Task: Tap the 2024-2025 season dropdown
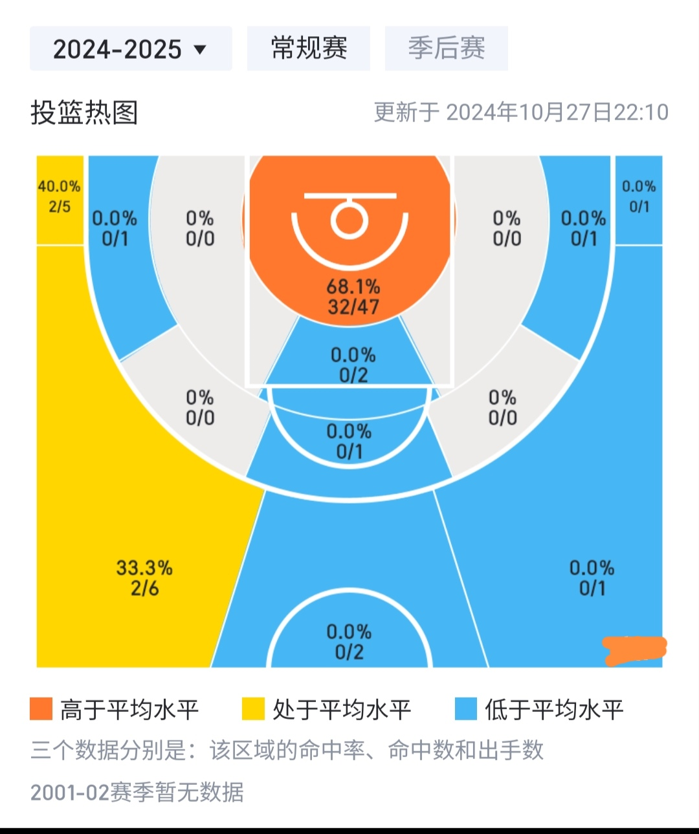[x=130, y=49]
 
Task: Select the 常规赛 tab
[x=309, y=48]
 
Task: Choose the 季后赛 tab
[x=446, y=48]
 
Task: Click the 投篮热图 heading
[x=84, y=112]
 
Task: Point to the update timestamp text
[x=521, y=112]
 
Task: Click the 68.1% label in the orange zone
[x=353, y=286]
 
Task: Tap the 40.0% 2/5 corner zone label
[x=59, y=197]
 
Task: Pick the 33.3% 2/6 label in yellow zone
[x=144, y=578]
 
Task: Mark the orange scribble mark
[x=634, y=650]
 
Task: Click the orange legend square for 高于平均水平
[x=41, y=709]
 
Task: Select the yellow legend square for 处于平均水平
[x=253, y=709]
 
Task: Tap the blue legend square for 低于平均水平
[x=465, y=709]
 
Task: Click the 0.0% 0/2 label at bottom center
[x=349, y=642]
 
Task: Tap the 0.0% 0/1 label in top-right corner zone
[x=639, y=197]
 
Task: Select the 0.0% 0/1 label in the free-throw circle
[x=349, y=441]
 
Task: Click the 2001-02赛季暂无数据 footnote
[x=137, y=792]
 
